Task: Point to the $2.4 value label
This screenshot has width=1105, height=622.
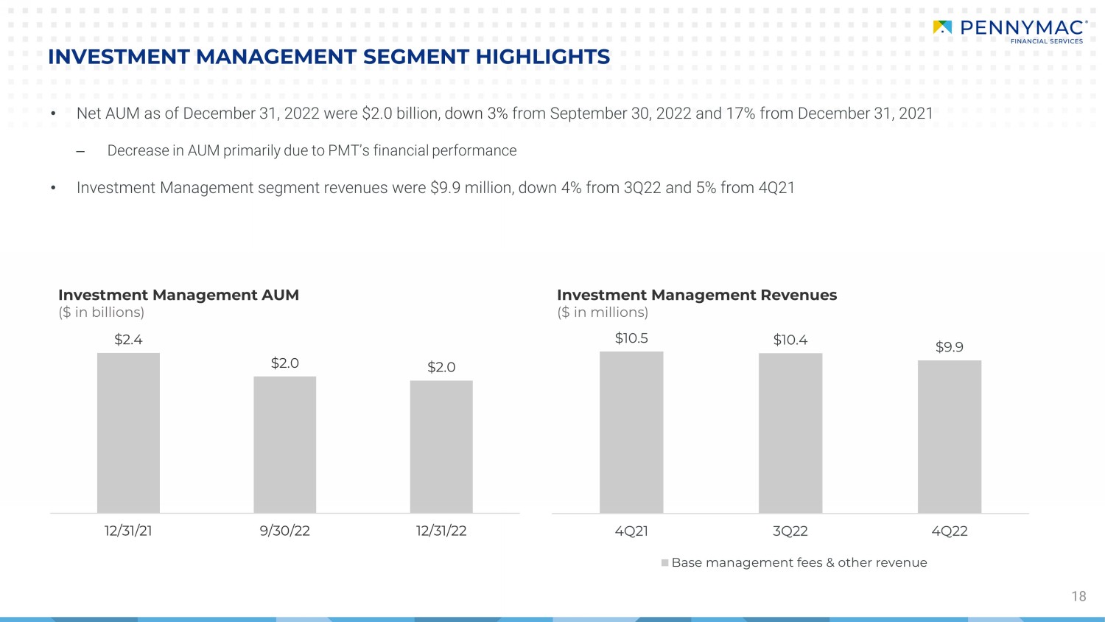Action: [x=128, y=340]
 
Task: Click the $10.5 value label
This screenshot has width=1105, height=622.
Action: [x=631, y=338]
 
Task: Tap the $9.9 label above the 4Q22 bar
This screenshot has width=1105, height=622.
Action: [x=949, y=347]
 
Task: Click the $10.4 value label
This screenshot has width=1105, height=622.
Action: [x=790, y=340]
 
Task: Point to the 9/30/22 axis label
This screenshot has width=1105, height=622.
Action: [x=284, y=531]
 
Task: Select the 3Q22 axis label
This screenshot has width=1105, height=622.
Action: [x=790, y=531]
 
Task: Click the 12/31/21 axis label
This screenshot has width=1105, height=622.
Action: [x=128, y=531]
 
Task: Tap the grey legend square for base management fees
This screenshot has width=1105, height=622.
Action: [x=665, y=563]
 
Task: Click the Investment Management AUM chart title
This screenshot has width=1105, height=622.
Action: [x=178, y=295]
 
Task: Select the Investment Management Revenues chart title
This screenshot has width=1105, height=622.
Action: [x=696, y=295]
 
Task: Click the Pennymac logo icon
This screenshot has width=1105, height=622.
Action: [x=942, y=28]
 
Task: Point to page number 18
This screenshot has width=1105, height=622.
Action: [x=1078, y=596]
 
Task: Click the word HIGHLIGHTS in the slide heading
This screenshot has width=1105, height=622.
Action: [x=542, y=57]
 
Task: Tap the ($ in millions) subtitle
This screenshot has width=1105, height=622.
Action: [x=603, y=312]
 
